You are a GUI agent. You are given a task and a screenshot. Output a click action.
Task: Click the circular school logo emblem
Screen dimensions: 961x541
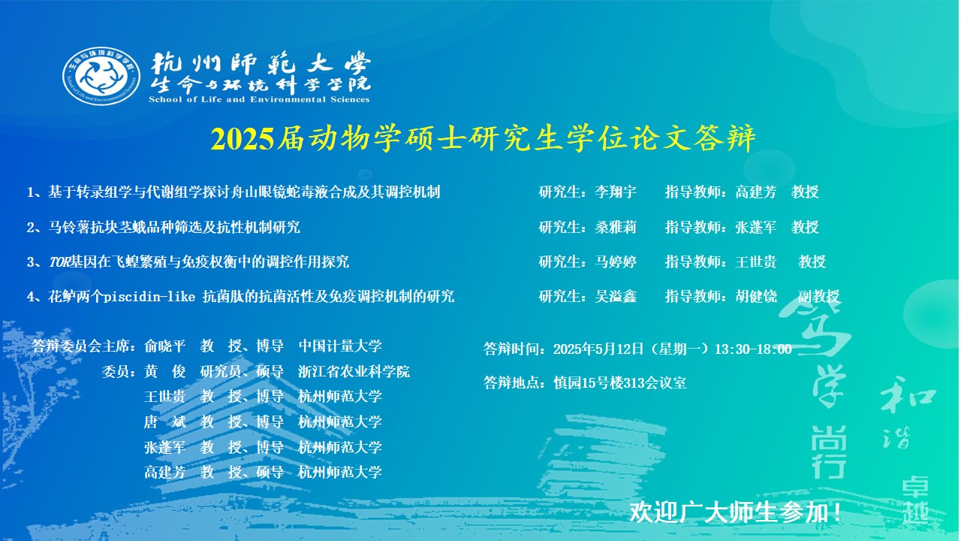[101, 77]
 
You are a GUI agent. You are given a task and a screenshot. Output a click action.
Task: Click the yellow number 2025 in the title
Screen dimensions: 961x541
[243, 139]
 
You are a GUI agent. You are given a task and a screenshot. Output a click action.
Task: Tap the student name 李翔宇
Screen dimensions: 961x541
[615, 192]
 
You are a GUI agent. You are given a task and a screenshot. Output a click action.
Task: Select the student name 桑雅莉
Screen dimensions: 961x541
[615, 227]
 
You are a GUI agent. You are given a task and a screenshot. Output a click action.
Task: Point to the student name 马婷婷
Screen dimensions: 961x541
[615, 261]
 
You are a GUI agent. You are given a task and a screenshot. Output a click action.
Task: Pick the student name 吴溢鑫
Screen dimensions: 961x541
[615, 296]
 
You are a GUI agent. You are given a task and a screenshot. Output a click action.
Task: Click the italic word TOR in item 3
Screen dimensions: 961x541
[59, 262]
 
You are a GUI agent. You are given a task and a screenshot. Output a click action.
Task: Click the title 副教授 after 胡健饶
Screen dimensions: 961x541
[818, 296]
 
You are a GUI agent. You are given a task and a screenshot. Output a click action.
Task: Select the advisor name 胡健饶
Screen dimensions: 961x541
[756, 296]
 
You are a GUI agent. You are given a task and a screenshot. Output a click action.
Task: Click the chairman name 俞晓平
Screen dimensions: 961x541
[164, 346]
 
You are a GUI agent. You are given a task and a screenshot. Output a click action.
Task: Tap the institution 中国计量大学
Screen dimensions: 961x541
[340, 346]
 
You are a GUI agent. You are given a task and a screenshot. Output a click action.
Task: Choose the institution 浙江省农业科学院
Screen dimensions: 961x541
[354, 371]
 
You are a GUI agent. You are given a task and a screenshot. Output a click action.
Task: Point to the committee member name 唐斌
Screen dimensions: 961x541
[164, 422]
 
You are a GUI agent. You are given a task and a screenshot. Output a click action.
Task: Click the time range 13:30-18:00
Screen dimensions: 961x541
[753, 349]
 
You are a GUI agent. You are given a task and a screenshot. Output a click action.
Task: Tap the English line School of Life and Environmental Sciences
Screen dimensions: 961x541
[259, 100]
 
